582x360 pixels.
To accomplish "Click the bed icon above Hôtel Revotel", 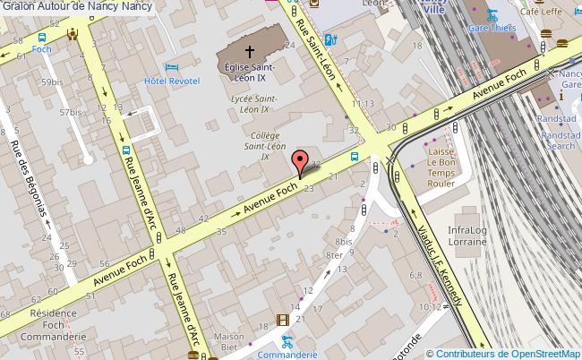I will coord(173,67).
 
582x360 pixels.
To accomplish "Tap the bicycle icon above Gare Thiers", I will coord(492,15).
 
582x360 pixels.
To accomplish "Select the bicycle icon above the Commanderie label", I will coord(287,341).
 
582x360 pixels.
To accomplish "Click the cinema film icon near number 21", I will coord(283,320).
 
